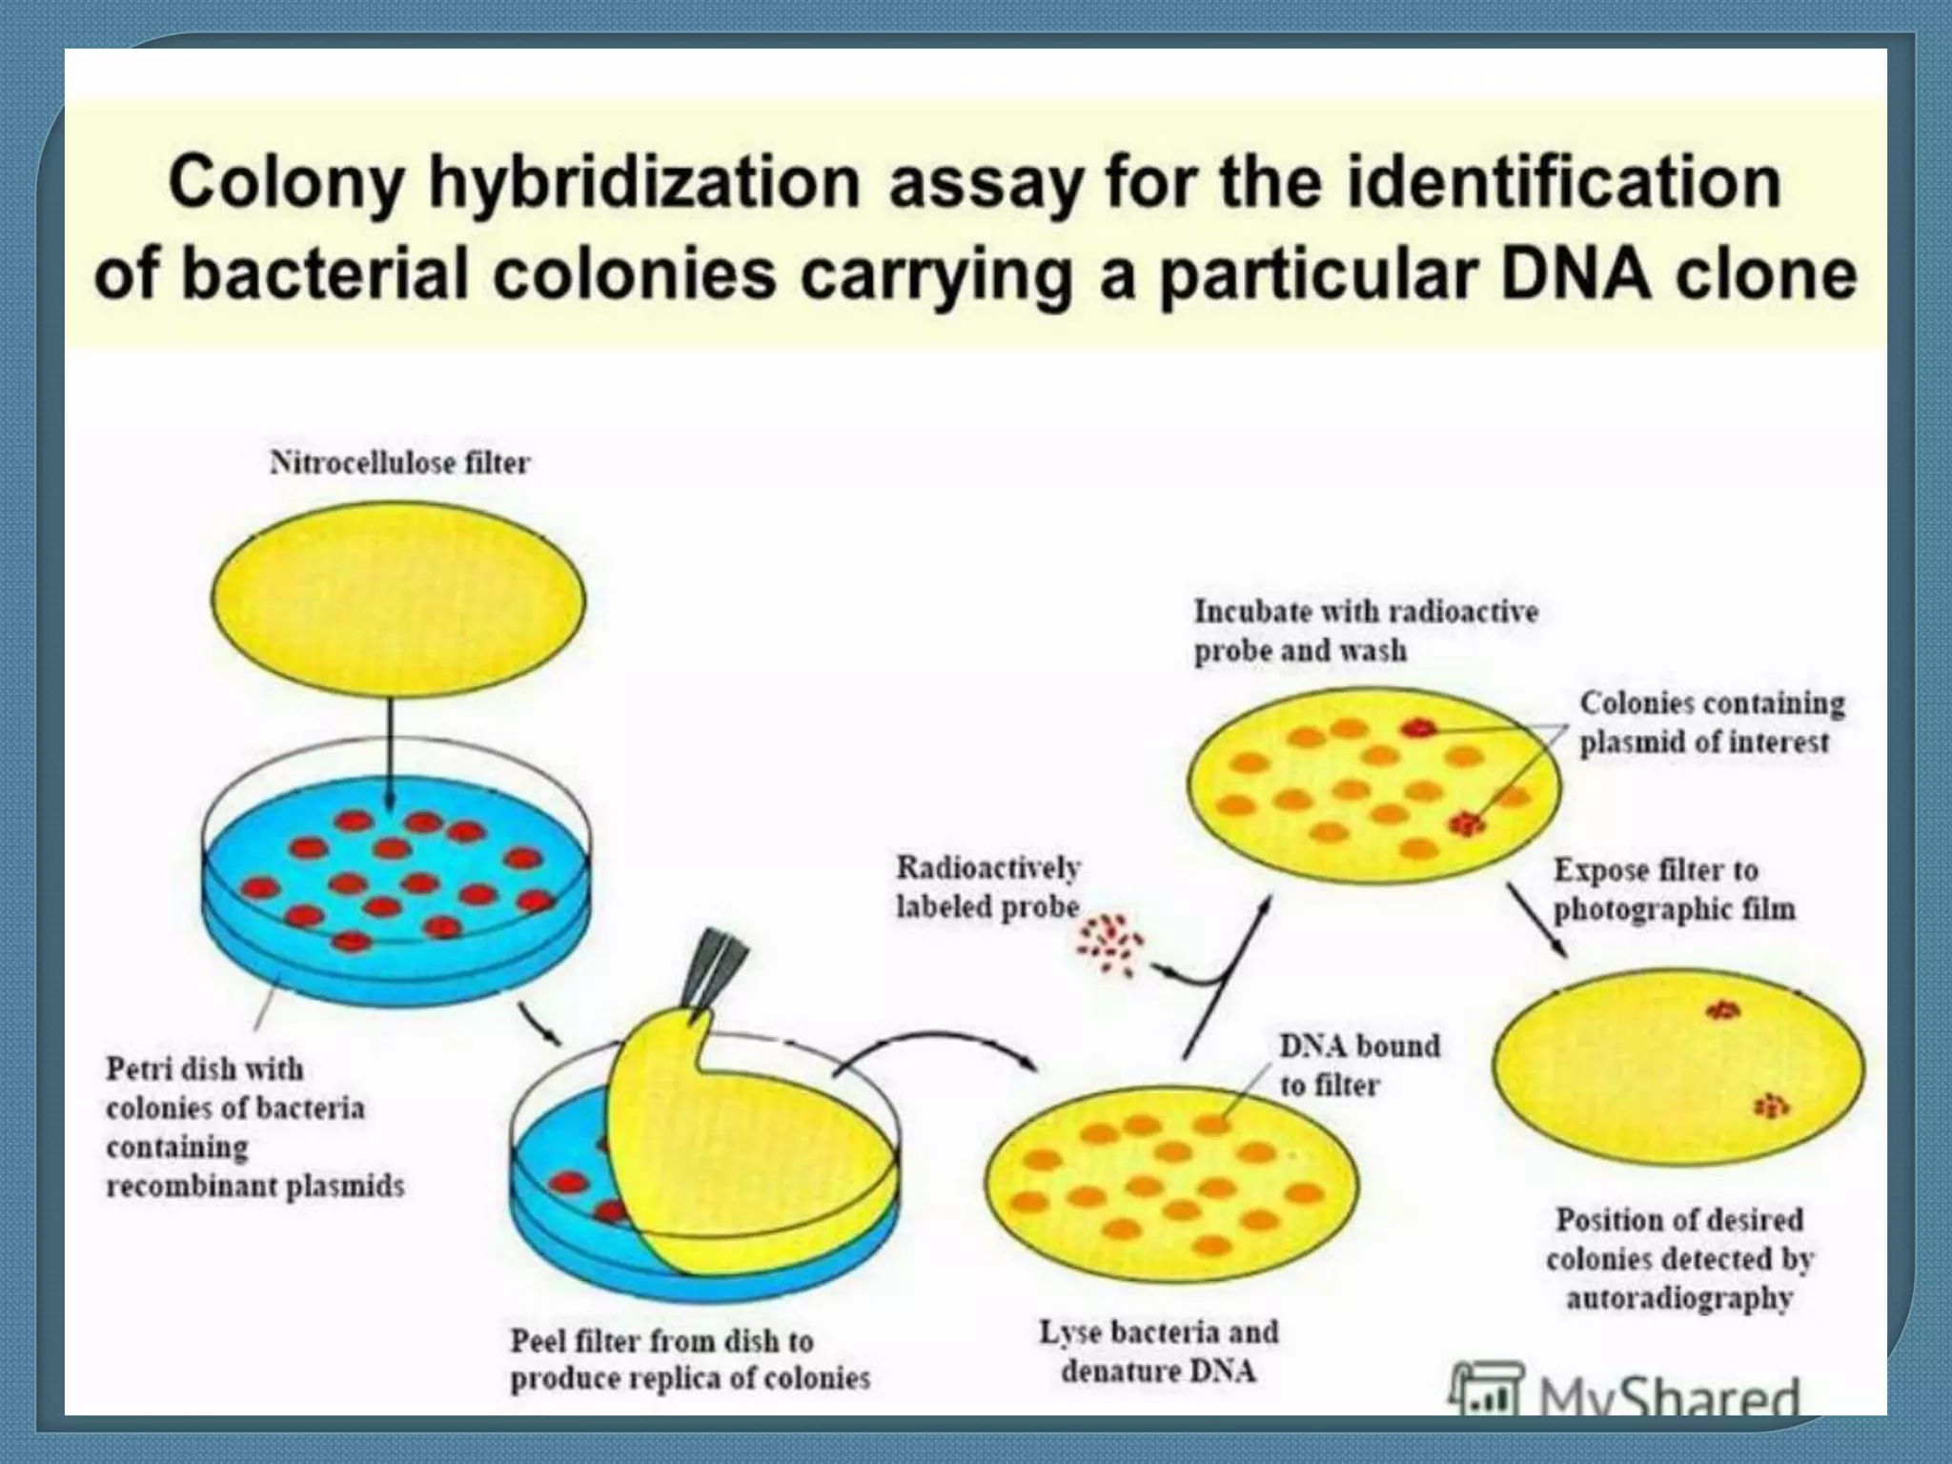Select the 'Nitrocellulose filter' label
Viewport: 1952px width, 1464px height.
[x=399, y=463]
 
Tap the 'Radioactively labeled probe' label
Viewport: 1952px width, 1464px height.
[x=987, y=887]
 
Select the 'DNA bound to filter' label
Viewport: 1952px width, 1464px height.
[x=1358, y=1065]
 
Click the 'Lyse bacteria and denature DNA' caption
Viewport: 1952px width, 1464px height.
[x=1158, y=1352]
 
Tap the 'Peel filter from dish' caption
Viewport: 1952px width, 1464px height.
[x=689, y=1359]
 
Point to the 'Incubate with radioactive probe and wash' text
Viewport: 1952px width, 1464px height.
[x=1365, y=630]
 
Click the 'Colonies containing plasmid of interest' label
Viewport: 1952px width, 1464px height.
[x=1711, y=722]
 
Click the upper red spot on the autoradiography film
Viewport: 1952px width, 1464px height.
[x=1721, y=1009]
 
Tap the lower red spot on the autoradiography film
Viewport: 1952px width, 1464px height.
[x=1771, y=1106]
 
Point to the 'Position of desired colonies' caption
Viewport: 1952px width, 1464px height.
[x=1679, y=1258]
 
